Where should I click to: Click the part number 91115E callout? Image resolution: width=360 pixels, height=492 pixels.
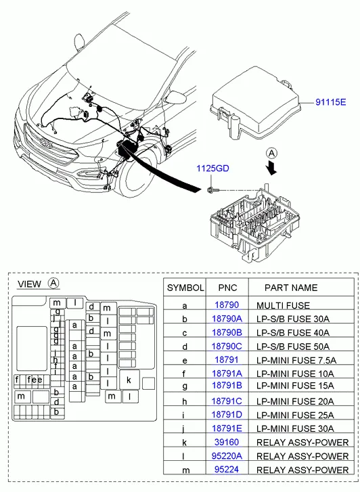point(330,102)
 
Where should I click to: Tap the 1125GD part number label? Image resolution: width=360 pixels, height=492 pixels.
point(212,169)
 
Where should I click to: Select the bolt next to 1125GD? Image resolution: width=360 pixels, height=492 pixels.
point(212,190)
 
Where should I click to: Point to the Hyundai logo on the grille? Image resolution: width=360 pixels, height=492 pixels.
point(45,143)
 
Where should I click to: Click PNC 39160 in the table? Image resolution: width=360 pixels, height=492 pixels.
point(227,442)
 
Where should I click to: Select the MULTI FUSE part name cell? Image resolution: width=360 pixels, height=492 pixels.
point(283,305)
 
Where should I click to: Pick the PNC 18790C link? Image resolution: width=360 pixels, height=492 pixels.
point(227,346)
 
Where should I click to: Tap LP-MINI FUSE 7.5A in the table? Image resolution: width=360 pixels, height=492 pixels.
point(296,360)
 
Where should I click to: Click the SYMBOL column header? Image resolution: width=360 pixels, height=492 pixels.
point(185,288)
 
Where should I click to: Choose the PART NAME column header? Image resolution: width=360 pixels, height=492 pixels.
point(291,288)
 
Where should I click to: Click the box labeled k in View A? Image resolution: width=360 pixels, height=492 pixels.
point(129,380)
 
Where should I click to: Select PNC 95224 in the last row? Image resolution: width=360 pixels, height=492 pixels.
point(227,470)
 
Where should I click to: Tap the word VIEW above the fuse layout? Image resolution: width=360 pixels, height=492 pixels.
point(30,284)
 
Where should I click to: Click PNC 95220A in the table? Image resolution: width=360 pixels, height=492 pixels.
point(227,455)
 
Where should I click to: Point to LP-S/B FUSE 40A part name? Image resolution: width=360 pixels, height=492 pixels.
point(293,332)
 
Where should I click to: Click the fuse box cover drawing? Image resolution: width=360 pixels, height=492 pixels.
point(255,104)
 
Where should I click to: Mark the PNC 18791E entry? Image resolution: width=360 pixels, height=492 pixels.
point(227,428)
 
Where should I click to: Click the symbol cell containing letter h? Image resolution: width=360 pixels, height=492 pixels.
point(185,401)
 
